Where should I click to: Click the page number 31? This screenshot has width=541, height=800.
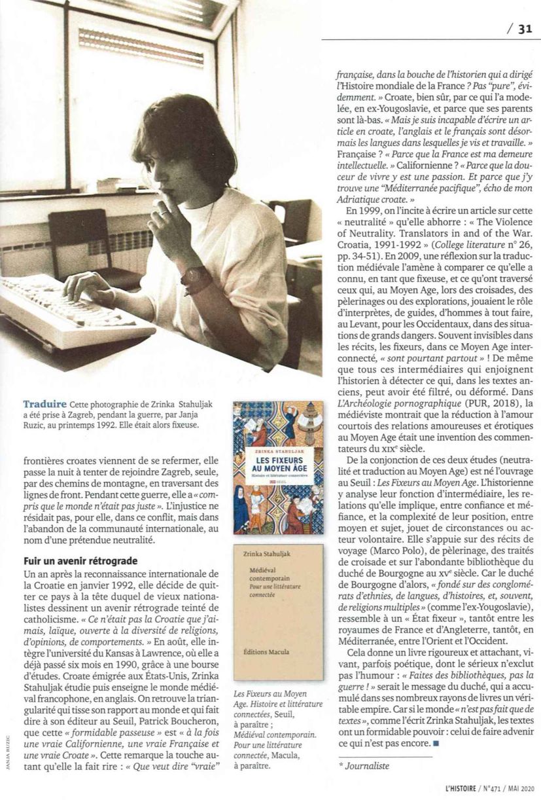525,28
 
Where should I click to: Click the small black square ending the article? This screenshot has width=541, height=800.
435,744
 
